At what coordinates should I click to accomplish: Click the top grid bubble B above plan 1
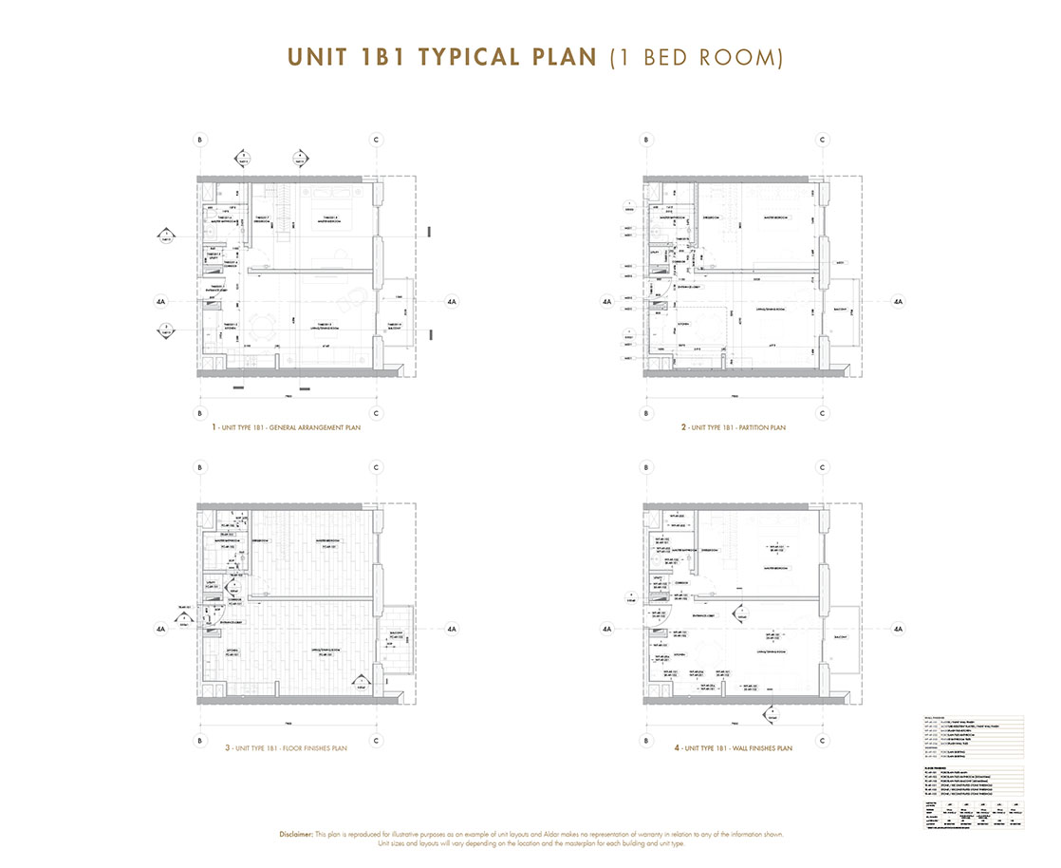200,141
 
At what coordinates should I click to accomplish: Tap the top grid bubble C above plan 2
822,141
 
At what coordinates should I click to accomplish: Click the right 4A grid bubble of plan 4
898,628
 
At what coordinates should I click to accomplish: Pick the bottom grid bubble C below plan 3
377,741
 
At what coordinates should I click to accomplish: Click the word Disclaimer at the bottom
300,834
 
